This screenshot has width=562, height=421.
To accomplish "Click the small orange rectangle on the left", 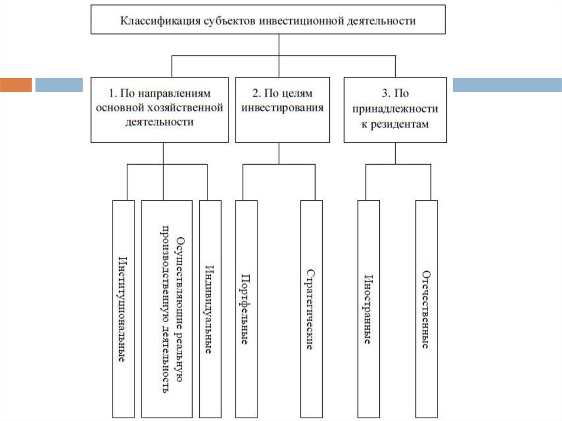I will point(16,85).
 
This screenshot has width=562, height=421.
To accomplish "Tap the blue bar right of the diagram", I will point(507,85).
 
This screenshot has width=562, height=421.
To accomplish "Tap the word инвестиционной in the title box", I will point(300,21).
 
